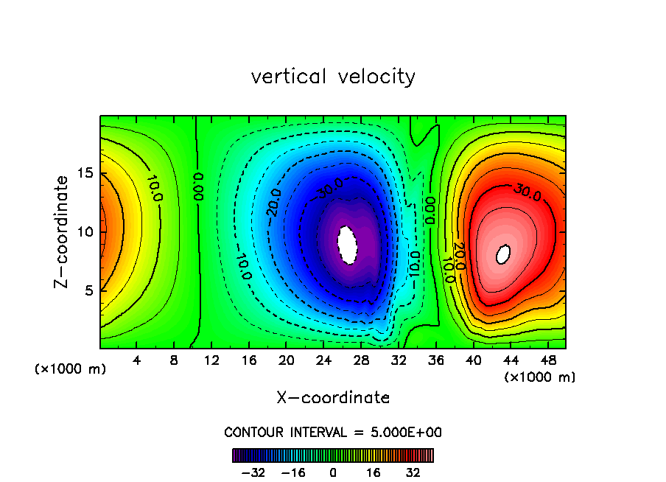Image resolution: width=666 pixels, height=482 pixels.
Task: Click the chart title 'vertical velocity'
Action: [x=333, y=77]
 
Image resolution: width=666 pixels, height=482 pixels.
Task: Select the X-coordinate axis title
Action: [x=333, y=398]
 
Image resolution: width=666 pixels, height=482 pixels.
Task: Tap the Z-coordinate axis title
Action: [x=63, y=231]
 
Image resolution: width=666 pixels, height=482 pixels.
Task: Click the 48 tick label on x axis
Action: [x=547, y=360]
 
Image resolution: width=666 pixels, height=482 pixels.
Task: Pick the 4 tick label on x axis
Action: [x=136, y=360]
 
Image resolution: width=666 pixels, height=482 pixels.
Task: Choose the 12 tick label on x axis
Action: [x=211, y=360]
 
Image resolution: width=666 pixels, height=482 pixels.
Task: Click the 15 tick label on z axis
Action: [x=85, y=174]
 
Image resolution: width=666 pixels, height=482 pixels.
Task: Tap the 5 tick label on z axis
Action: [x=89, y=290]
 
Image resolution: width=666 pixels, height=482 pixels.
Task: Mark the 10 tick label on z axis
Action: [x=85, y=232]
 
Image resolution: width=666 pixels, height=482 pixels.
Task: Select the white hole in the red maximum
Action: [x=504, y=254]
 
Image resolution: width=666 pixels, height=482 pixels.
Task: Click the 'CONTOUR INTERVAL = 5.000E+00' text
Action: [x=333, y=432]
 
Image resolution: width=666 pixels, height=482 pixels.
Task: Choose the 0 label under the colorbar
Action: [x=333, y=472]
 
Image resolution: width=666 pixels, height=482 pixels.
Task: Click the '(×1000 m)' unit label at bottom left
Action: [x=71, y=369]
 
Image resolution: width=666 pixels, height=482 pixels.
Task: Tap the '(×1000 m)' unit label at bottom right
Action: [x=540, y=377]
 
